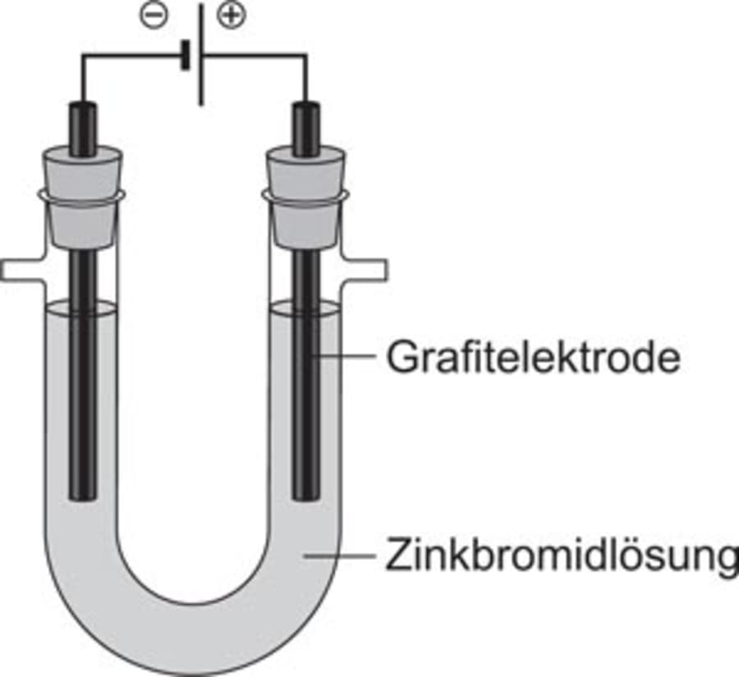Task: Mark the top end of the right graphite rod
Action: click(x=305, y=107)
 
